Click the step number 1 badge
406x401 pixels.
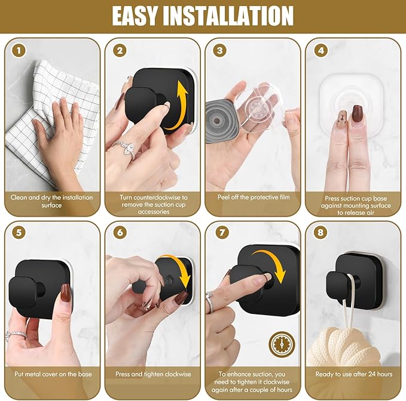(x=20, y=50)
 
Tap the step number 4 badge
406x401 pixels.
(x=321, y=50)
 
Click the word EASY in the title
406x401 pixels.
(x=146, y=16)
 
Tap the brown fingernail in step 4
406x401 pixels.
(x=358, y=113)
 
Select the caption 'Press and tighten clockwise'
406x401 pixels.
(x=152, y=374)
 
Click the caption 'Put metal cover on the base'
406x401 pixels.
(x=51, y=374)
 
